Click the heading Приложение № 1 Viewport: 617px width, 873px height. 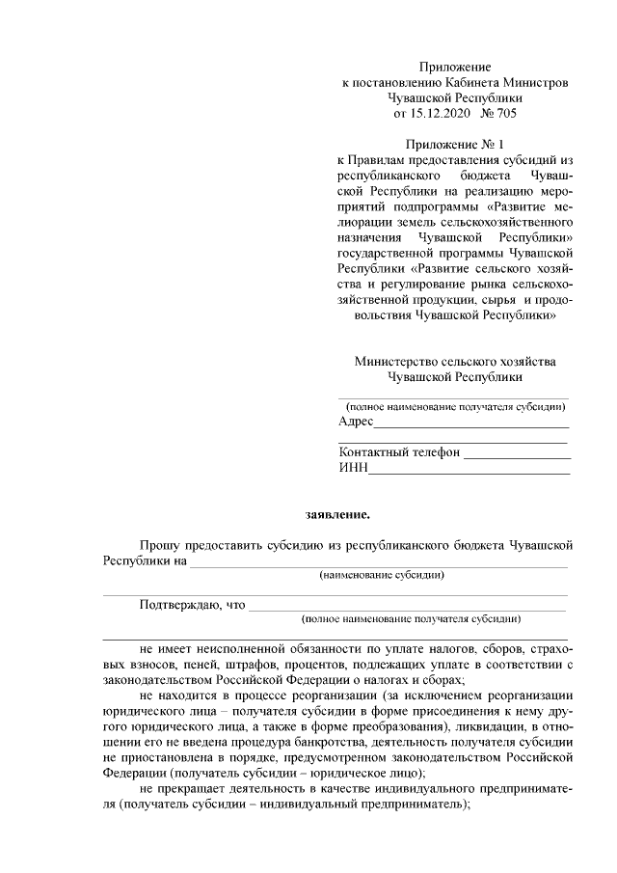click(x=454, y=145)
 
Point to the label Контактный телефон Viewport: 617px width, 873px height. click(x=400, y=452)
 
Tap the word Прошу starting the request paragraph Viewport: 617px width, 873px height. click(x=159, y=545)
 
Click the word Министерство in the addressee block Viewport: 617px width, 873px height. click(x=401, y=362)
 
